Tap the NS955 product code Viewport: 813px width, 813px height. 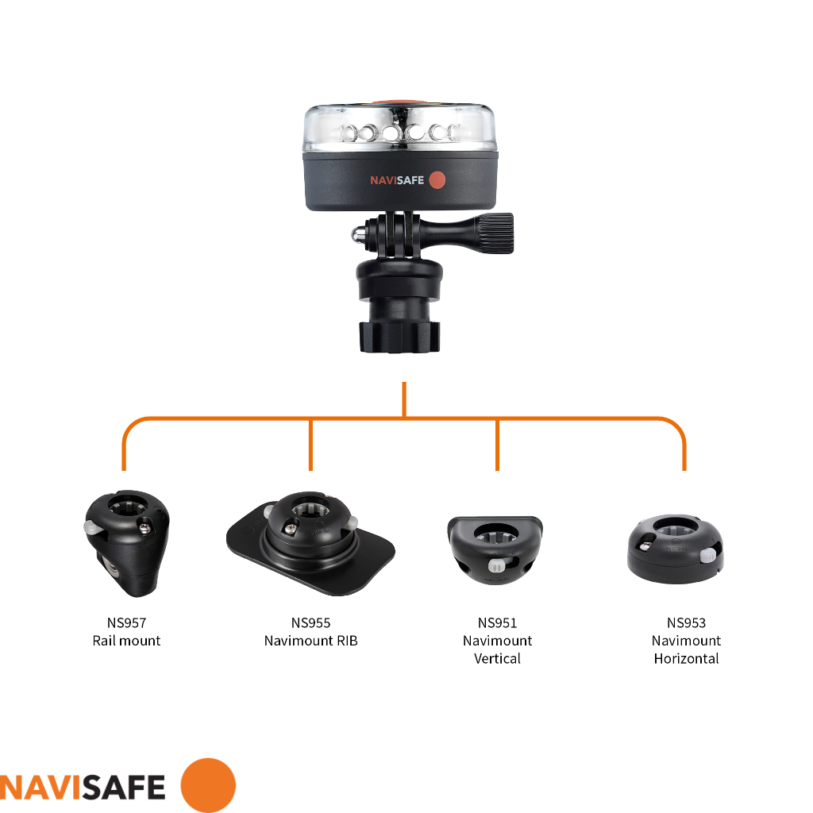pyautogui.click(x=310, y=623)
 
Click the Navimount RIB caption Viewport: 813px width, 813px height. pyautogui.click(x=310, y=641)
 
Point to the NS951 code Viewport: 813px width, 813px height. pyautogui.click(x=497, y=623)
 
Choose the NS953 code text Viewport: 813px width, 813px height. pyautogui.click(x=686, y=623)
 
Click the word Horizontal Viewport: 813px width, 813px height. pyautogui.click(x=686, y=658)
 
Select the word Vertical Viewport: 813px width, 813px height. pyautogui.click(x=497, y=658)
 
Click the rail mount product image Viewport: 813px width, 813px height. pyautogui.click(x=127, y=544)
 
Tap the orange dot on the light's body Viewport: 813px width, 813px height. pyautogui.click(x=437, y=180)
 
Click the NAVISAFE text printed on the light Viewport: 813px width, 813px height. pyautogui.click(x=397, y=181)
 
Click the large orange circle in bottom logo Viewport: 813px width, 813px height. pyautogui.click(x=208, y=785)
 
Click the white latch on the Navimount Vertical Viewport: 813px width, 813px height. pyautogui.click(x=498, y=566)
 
